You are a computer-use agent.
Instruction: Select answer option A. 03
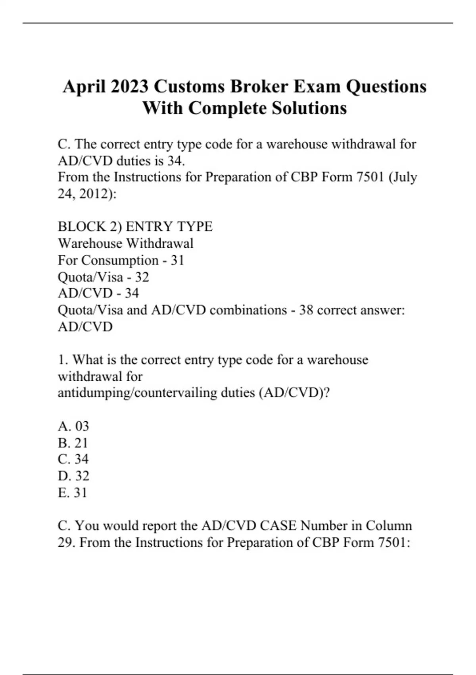(x=73, y=426)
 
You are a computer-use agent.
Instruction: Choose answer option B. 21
(x=73, y=443)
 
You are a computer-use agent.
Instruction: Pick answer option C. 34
(x=73, y=459)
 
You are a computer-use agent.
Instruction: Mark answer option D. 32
(x=73, y=476)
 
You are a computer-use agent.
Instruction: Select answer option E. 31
(x=73, y=492)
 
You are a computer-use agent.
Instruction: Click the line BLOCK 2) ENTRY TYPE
(x=135, y=227)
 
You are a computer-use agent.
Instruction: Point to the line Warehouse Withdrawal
(x=126, y=243)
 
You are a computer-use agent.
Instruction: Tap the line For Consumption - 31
(x=121, y=260)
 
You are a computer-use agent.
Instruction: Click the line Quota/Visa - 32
(x=104, y=277)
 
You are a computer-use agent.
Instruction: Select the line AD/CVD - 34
(x=98, y=293)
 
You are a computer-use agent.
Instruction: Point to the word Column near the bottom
(x=389, y=526)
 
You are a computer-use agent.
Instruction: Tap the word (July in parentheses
(x=403, y=177)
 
